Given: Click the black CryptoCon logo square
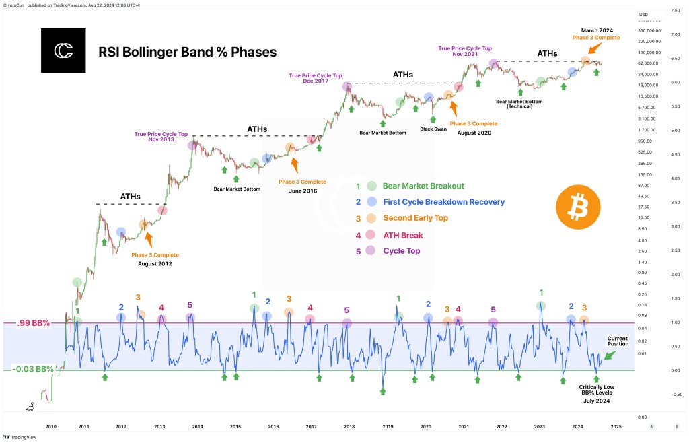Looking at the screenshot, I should [63, 50].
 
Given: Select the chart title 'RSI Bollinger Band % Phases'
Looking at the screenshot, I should [187, 52].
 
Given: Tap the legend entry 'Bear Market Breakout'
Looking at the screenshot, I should [423, 186].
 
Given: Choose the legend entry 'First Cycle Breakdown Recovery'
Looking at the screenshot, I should [443, 202].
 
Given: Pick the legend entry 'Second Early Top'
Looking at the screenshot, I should [414, 218].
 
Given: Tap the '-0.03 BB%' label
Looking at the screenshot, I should [34, 370].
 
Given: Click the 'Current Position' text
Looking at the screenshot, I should [618, 341].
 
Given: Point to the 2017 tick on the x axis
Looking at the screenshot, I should [311, 427].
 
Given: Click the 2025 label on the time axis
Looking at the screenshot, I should [616, 427].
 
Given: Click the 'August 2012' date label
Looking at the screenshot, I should [155, 263].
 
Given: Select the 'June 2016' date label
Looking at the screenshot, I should [302, 191].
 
